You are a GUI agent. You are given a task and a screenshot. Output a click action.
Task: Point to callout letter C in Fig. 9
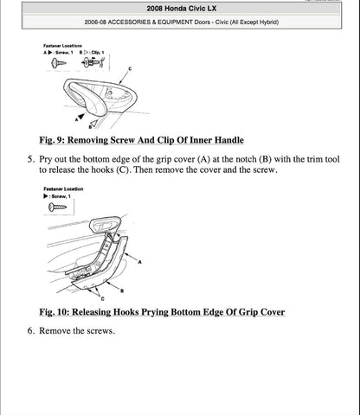[131, 67]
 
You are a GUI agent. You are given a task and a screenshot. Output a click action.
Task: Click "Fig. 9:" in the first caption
[59, 140]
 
